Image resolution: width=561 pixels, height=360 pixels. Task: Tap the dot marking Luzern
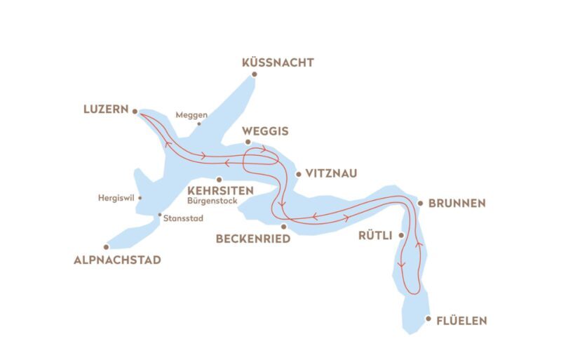tap(135, 110)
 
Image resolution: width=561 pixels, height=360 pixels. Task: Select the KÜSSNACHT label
tap(277, 63)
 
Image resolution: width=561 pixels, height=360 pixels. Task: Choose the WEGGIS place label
tap(264, 131)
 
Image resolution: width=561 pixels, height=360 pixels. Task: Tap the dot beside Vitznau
tap(298, 173)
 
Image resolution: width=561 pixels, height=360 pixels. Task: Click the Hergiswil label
tap(116, 198)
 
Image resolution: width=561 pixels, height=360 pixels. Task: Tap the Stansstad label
tap(183, 218)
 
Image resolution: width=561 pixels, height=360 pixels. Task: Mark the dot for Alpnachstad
tap(107, 247)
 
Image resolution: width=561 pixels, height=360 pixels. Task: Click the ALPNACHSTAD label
tap(117, 260)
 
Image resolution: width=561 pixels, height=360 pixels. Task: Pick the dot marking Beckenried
tap(283, 227)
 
